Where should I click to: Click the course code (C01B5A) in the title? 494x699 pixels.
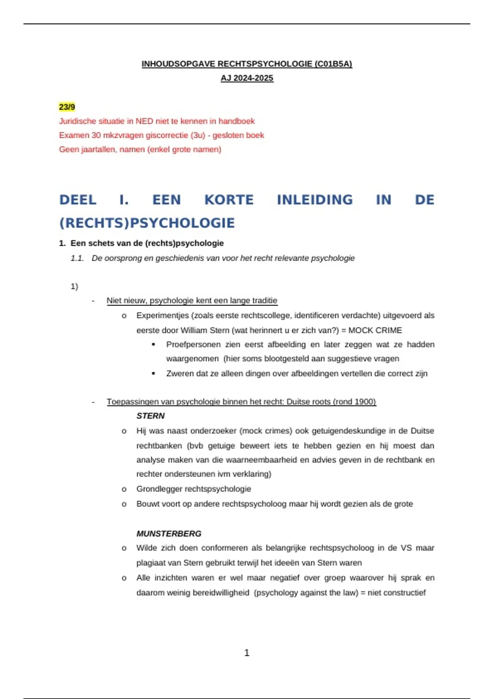(333, 64)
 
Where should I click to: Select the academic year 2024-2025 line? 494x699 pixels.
(247, 78)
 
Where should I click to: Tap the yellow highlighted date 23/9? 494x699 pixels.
(67, 107)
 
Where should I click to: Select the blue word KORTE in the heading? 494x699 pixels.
(229, 200)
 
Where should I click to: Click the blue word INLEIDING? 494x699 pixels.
(315, 200)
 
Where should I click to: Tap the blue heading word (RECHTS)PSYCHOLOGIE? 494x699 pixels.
(147, 223)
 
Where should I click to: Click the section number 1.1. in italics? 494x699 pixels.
(77, 258)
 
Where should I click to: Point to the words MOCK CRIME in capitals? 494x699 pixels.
(375, 330)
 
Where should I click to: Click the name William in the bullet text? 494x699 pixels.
(195, 330)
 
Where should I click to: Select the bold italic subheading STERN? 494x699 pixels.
(150, 416)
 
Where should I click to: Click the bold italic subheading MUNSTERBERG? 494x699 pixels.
(169, 533)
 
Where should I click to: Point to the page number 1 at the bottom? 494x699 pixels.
(247, 653)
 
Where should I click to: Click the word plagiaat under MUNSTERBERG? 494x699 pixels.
(151, 562)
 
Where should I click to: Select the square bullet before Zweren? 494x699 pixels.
(154, 373)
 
